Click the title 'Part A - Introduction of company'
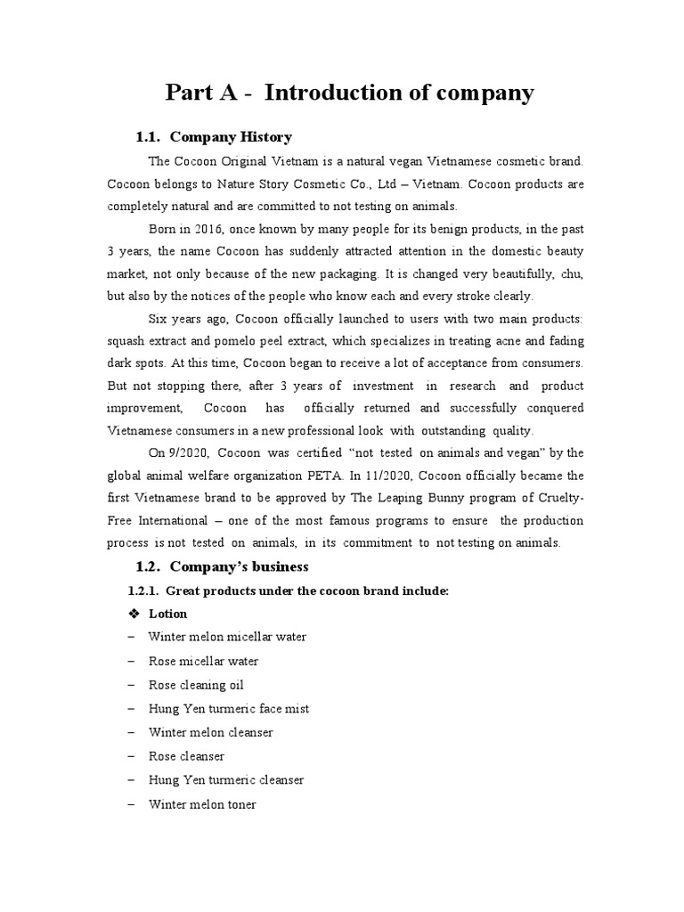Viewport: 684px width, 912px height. [x=349, y=92]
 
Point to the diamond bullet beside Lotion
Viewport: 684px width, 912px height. [x=135, y=614]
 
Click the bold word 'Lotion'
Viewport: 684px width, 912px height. [x=167, y=614]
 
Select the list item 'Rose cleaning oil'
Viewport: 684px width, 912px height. [x=195, y=685]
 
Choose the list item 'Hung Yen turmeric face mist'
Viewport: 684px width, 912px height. [x=228, y=709]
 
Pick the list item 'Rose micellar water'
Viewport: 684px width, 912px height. [x=203, y=661]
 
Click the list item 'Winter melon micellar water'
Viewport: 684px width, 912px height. [x=227, y=638]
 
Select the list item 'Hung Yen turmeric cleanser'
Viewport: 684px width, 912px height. [x=225, y=780]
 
